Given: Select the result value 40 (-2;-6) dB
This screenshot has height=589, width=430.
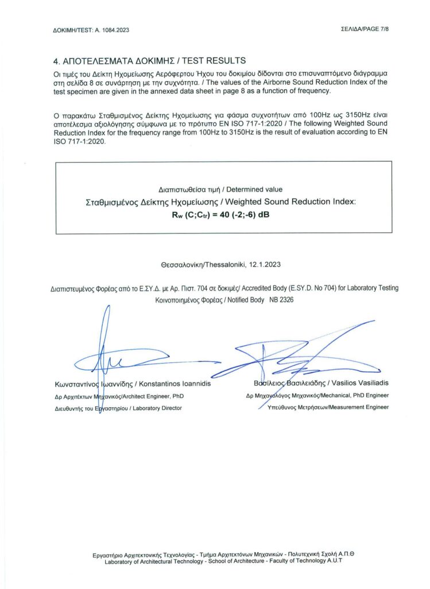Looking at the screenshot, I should tap(241, 215).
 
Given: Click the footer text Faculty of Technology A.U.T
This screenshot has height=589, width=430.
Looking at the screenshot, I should tap(308, 561).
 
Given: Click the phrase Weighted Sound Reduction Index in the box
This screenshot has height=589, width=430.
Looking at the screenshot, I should tap(290, 202).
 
